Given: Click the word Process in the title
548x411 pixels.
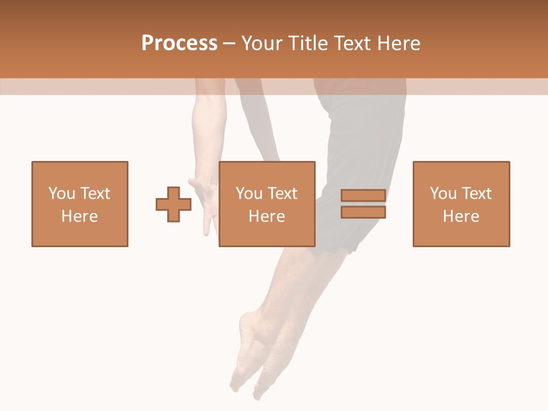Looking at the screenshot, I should tap(179, 43).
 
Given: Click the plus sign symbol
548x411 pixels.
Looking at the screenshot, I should tap(174, 204).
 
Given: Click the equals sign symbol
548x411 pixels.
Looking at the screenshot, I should tap(363, 204).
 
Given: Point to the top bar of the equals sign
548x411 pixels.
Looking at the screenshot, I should tap(363, 196).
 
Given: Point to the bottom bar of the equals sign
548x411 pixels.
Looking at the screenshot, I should tap(363, 212).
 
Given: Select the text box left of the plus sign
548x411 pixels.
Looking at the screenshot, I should tap(80, 204).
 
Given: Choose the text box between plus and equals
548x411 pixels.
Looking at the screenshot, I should tap(267, 204).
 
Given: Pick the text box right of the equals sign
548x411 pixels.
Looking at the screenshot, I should tap(461, 204).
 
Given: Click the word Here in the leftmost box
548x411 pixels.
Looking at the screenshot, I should tap(80, 216).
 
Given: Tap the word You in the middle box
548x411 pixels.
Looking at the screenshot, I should tap(249, 194).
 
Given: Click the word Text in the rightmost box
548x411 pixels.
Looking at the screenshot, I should tap(477, 194).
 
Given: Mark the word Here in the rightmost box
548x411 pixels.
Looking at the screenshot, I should tap(461, 216).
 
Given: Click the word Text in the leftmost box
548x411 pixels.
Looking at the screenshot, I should tap(95, 194).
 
